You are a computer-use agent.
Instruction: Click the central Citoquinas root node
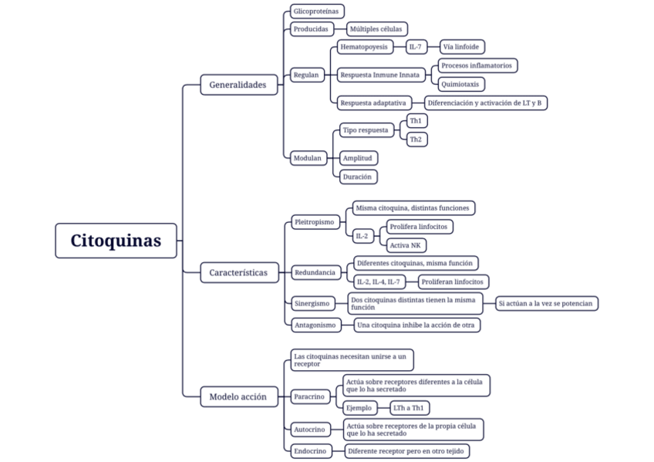click(x=116, y=241)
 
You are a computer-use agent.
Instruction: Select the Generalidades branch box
click(x=238, y=85)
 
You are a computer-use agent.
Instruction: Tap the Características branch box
click(x=238, y=272)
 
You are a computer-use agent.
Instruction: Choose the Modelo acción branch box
click(x=238, y=397)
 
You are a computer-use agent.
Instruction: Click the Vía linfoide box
click(x=464, y=47)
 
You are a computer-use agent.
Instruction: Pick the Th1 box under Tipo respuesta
click(x=416, y=121)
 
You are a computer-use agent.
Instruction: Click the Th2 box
click(x=416, y=140)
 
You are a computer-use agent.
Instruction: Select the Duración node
click(x=358, y=177)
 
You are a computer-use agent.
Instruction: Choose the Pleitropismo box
click(x=314, y=222)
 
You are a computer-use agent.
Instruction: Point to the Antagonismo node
click(x=315, y=325)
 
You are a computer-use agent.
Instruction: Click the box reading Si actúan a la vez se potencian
click(x=546, y=303)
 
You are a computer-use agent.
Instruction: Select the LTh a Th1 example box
click(x=410, y=407)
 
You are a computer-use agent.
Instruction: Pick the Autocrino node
click(x=309, y=429)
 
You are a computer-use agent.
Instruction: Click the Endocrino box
click(x=310, y=451)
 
